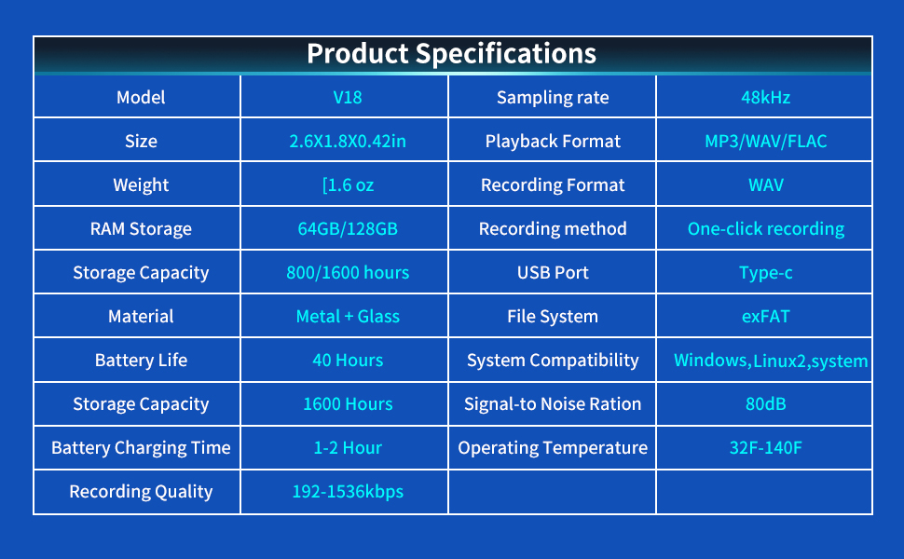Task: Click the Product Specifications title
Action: click(452, 53)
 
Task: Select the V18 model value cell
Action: click(348, 97)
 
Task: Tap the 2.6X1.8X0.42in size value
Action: click(348, 141)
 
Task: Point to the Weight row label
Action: click(141, 184)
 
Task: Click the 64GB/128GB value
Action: click(348, 228)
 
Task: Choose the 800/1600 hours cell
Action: click(348, 272)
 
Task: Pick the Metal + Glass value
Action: click(348, 316)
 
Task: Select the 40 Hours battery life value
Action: click(348, 360)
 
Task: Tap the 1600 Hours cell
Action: click(348, 403)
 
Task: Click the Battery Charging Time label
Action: click(141, 447)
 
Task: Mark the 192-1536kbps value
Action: click(348, 491)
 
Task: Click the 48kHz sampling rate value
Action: click(765, 97)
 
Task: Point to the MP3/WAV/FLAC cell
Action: click(765, 141)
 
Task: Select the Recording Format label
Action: click(553, 184)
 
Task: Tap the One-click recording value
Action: click(765, 228)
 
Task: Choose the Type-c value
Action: click(765, 272)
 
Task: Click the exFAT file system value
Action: click(765, 316)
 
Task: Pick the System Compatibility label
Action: click(553, 360)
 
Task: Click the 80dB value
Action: click(765, 403)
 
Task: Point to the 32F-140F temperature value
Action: click(765, 447)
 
